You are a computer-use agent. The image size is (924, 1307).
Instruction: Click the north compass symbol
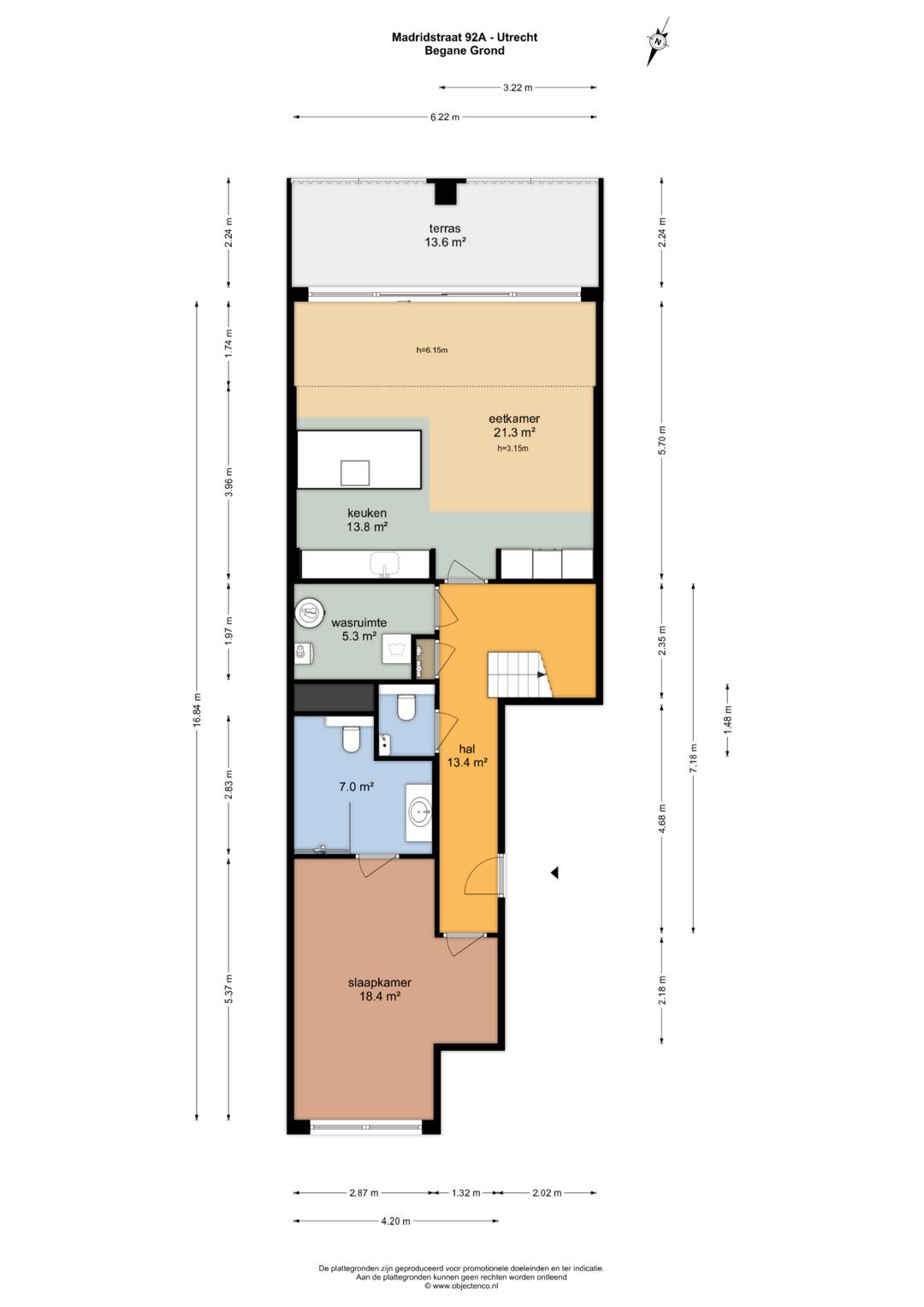(657, 41)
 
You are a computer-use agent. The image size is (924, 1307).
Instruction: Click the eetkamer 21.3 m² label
(513, 425)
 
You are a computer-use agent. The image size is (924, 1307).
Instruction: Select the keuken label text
(366, 514)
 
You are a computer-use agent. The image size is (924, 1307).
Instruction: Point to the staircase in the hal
(520, 674)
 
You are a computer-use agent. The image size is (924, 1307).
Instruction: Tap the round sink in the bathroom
(419, 811)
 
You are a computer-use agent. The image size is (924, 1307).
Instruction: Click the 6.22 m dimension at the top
(445, 116)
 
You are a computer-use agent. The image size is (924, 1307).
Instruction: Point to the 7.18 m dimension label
(693, 758)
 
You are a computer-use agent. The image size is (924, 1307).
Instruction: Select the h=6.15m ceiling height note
(432, 351)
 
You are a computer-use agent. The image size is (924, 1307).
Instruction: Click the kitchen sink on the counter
(385, 565)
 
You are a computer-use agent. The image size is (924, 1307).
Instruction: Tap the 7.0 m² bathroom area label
(357, 787)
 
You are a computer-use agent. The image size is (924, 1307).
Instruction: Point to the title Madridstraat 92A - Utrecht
(465, 38)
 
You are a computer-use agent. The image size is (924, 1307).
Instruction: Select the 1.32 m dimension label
(465, 1192)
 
